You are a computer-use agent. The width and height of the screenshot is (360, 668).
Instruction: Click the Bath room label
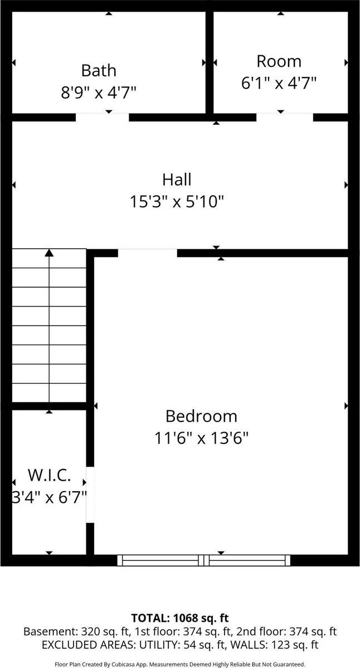(x=99, y=70)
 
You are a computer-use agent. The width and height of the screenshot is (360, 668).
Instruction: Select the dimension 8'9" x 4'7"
(x=99, y=92)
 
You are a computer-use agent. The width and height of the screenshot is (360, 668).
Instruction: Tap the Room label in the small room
(x=279, y=61)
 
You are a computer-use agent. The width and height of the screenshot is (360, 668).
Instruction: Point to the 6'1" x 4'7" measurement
(x=279, y=83)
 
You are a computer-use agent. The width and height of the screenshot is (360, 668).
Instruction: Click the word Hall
(x=177, y=180)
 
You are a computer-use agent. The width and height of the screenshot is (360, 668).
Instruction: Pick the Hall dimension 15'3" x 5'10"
(x=177, y=201)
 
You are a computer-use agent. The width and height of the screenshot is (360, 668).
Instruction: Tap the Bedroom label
(x=201, y=416)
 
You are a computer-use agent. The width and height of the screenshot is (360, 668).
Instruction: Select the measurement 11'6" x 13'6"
(x=201, y=438)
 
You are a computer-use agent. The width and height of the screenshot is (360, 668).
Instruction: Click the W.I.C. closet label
(x=49, y=476)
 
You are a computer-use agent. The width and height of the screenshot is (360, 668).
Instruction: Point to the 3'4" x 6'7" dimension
(x=49, y=497)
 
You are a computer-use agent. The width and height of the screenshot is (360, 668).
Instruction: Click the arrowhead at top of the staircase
(x=49, y=253)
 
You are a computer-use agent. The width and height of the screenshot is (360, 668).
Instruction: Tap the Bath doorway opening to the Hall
(x=102, y=117)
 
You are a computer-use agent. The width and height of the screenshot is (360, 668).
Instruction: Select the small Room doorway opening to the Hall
(x=285, y=117)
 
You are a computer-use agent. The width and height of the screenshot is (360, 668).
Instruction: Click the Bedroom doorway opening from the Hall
(x=147, y=253)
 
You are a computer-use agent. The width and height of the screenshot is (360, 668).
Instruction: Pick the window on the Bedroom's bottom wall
(x=204, y=560)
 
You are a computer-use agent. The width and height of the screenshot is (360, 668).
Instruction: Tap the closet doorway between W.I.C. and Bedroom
(x=90, y=494)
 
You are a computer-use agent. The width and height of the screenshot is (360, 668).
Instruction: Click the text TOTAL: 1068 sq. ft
(x=180, y=618)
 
